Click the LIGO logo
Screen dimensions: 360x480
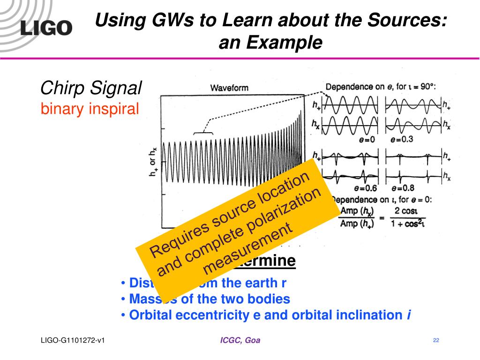(x=46, y=28)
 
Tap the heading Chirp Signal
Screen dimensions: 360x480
(x=91, y=88)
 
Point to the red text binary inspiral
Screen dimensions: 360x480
(x=90, y=109)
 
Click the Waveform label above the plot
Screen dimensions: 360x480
(x=229, y=88)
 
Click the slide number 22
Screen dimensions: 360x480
(x=436, y=340)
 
